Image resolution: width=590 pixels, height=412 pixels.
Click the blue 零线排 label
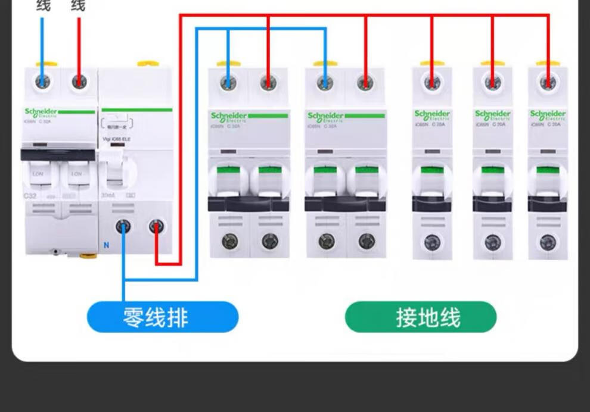[x=163, y=317]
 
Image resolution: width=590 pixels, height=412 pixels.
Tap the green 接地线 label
[x=421, y=317]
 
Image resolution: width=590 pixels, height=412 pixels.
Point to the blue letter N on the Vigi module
[x=107, y=245]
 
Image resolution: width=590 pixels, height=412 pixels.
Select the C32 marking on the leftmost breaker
[x=30, y=196]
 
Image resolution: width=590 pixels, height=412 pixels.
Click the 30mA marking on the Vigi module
[x=108, y=195]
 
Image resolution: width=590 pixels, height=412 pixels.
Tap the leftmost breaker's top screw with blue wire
[x=42, y=82]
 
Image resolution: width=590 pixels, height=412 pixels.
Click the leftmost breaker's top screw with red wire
[x=79, y=82]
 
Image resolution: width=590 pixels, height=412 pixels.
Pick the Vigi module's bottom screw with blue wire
[x=123, y=226]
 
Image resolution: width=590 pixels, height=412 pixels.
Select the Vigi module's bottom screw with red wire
[x=156, y=226]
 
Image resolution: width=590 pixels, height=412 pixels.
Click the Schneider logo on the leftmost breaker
[x=41, y=112]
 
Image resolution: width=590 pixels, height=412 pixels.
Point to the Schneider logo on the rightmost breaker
[x=548, y=114]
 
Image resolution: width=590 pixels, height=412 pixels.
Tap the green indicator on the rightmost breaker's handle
[x=548, y=170]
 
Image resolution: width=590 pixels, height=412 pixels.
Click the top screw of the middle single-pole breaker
[x=492, y=82]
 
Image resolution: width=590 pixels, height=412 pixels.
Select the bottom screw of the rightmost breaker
[x=548, y=242]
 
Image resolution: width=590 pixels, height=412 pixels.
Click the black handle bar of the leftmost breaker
[x=57, y=155]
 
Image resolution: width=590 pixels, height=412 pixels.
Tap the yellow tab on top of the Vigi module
[x=148, y=63]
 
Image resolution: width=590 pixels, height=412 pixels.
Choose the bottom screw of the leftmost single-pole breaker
[x=432, y=242]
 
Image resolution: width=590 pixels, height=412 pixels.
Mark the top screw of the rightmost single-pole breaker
[x=548, y=82]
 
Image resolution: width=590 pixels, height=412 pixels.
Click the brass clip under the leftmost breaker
[x=88, y=255]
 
